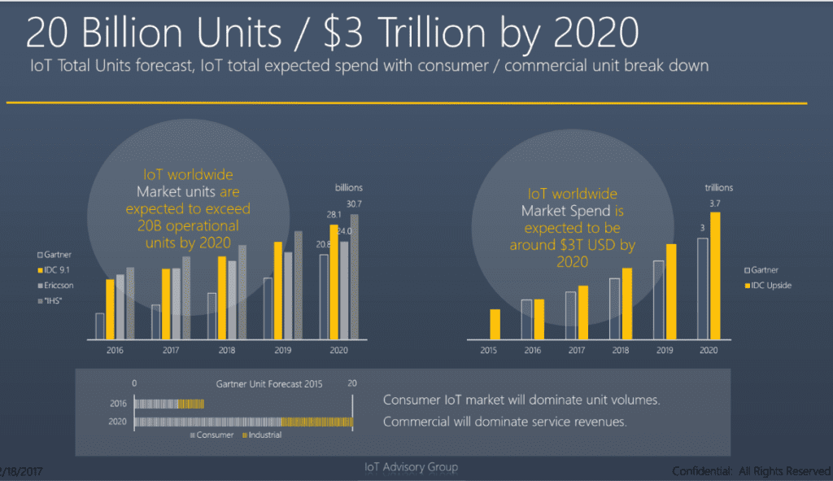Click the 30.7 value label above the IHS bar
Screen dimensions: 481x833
click(x=355, y=203)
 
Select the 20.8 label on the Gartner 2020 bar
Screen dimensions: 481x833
click(x=323, y=244)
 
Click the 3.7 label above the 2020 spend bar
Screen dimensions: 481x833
click(x=715, y=203)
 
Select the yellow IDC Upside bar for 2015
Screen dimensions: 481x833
click(x=494, y=323)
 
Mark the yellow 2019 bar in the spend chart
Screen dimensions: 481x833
click(x=671, y=291)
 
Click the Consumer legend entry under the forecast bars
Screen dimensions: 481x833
click(x=212, y=435)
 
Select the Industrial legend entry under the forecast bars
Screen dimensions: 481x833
click(x=262, y=435)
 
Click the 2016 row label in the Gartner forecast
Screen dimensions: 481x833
click(x=118, y=403)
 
